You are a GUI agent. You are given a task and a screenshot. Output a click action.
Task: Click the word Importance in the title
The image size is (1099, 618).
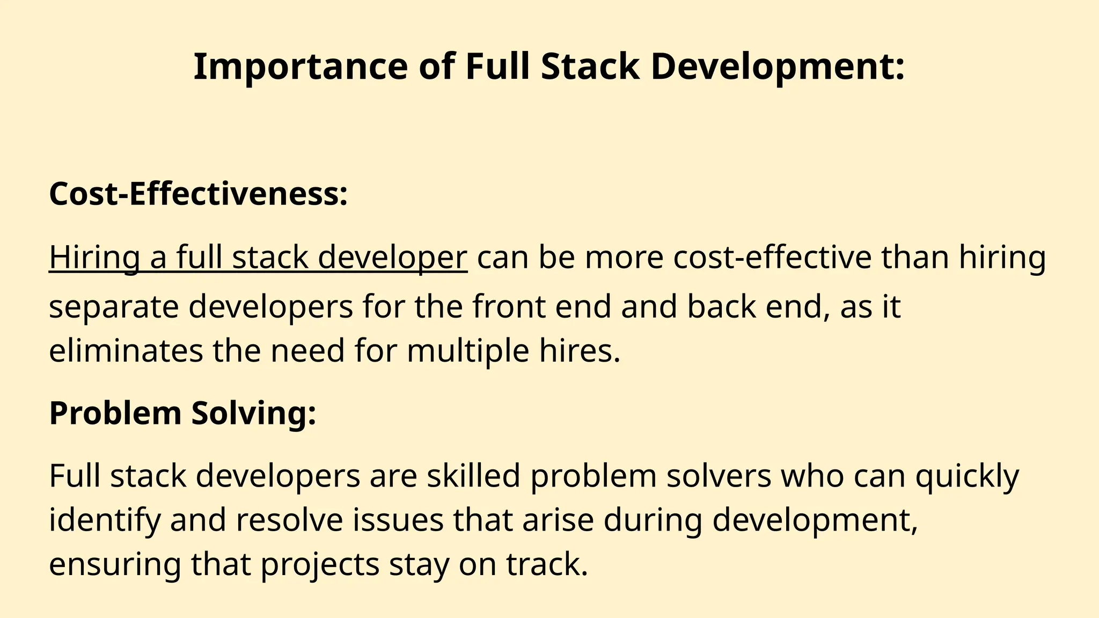coord(301,67)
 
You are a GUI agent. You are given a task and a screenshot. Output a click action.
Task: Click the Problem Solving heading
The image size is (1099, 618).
coord(182,413)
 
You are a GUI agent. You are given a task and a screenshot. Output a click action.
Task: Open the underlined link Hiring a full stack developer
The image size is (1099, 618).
coord(258,257)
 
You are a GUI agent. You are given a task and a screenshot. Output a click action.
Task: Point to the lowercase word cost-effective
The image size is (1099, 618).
coord(772,257)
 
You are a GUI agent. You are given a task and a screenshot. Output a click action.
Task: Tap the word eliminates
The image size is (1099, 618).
coord(126,351)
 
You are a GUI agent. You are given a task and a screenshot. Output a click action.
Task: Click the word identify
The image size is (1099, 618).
coord(105,520)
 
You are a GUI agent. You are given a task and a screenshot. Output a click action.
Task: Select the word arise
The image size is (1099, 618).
coord(558,520)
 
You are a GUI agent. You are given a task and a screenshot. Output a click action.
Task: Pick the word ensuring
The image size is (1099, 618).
coord(115,564)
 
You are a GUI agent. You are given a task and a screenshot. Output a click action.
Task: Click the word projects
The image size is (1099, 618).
coord(320,564)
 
